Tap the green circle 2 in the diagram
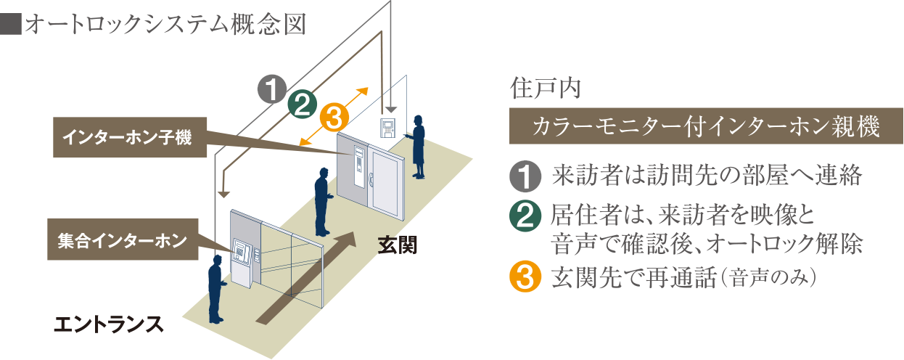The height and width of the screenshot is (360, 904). pos(302,105)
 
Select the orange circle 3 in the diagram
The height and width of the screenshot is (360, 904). pos(333,117)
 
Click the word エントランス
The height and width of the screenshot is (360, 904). pos(109,324)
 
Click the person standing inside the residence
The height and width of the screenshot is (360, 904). pos(419,145)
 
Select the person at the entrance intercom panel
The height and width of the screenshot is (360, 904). pos(215,287)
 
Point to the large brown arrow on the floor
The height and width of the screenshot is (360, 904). pos(305,276)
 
